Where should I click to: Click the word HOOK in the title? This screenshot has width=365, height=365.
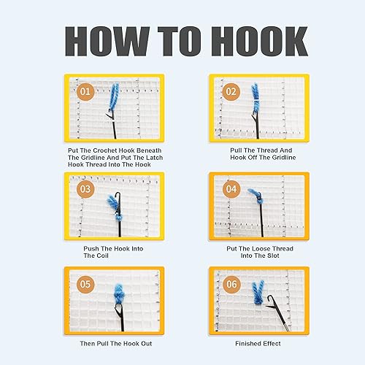260,42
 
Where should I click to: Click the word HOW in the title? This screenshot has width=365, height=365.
107,42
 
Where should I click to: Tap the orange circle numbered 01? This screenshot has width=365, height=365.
85,92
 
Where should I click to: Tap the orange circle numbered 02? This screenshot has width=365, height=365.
231,92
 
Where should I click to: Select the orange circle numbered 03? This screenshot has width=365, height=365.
85,189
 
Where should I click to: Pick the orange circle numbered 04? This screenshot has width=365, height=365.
231,189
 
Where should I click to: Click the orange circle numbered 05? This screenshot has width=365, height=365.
85,284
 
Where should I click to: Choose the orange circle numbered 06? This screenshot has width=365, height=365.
231,284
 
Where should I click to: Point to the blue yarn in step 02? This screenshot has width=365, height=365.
255,99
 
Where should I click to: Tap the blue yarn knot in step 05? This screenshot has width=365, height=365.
119,294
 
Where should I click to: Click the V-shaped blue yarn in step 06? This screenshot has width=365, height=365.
258,293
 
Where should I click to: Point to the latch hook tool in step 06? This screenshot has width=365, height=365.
278,313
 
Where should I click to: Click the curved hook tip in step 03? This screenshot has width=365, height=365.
118,195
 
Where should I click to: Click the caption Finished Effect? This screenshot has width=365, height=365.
258,344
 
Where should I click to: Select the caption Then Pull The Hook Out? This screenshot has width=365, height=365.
116,344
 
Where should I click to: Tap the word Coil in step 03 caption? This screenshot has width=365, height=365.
102,255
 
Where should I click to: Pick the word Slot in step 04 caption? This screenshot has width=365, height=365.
273,255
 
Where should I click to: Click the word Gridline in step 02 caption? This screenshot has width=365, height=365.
284,158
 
